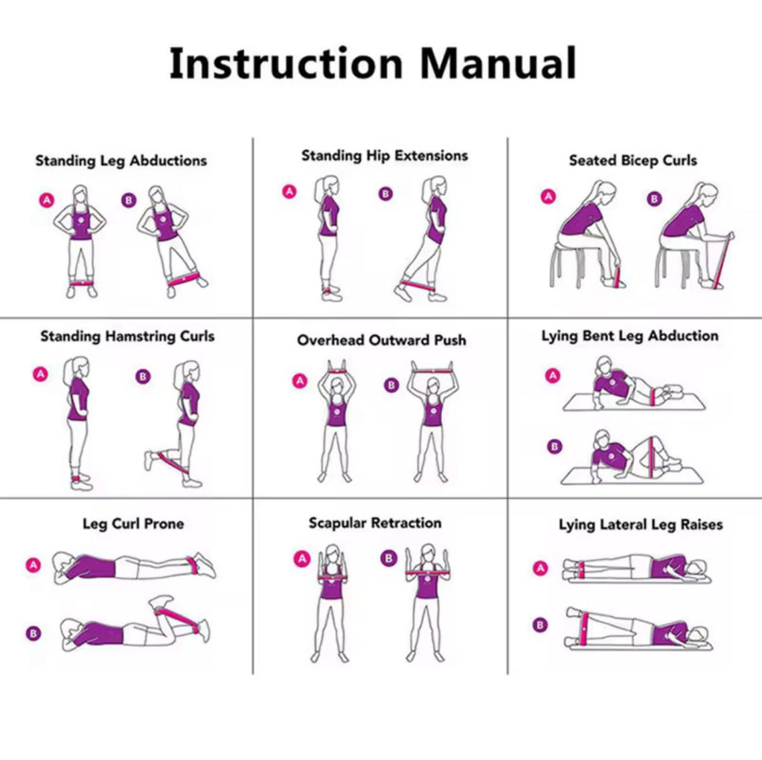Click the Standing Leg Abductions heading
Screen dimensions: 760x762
pos(121,161)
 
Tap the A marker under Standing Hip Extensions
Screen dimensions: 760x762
pos(289,191)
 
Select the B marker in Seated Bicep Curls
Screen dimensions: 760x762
pos(654,199)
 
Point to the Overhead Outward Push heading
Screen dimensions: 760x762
pos(382,340)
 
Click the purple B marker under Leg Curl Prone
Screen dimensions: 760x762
pos(33,634)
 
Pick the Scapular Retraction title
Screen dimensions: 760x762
pos(375,523)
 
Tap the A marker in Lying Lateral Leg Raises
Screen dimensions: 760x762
pos(541,569)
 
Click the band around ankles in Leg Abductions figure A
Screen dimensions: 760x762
pos(81,283)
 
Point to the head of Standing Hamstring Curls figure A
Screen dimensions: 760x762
pos(79,367)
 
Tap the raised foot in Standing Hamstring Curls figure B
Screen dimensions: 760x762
pos(150,459)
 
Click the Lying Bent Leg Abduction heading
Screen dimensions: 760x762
pos(630,336)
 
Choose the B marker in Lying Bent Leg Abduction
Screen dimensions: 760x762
pos(554,447)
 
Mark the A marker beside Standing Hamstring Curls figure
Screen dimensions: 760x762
pos(40,374)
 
